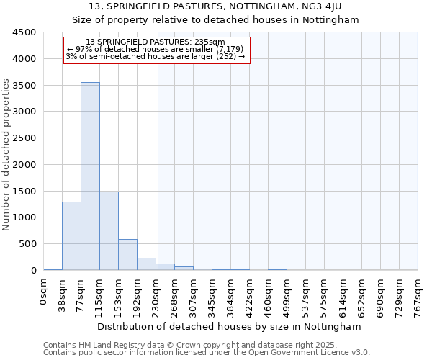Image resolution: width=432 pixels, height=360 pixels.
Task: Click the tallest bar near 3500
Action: (x=90, y=176)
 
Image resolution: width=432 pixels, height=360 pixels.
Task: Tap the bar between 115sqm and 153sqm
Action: (x=109, y=230)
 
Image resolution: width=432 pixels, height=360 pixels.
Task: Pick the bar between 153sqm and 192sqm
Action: (x=127, y=255)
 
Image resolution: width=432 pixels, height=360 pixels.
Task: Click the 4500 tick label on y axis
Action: (x=24, y=32)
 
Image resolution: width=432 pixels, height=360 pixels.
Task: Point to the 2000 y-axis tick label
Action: (x=24, y=164)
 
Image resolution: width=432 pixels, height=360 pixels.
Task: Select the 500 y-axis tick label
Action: (x=27, y=244)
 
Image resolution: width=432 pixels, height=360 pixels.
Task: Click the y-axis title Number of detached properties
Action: (x=7, y=155)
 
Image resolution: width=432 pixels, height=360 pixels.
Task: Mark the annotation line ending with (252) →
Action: (x=156, y=56)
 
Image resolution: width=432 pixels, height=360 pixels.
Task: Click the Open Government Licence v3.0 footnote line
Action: (x=206, y=353)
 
